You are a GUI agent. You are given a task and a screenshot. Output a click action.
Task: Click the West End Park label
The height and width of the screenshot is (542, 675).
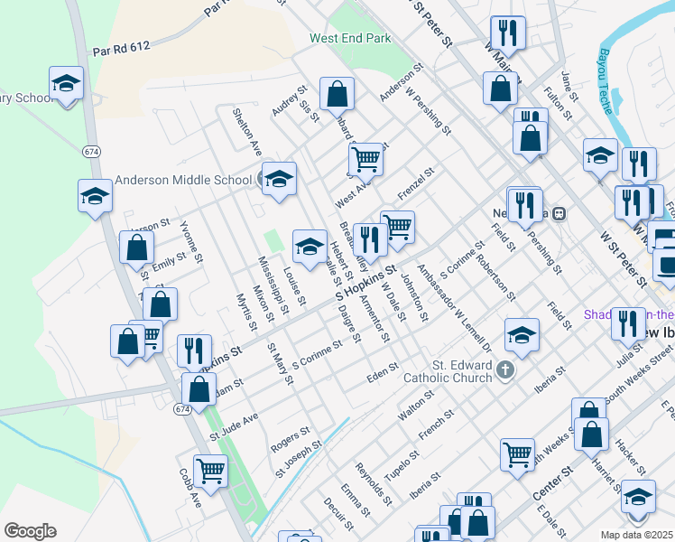pos(350,39)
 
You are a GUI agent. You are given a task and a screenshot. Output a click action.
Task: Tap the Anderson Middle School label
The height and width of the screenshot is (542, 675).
pos(183,180)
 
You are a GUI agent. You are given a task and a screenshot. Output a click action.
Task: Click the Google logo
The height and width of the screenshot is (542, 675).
pos(30,531)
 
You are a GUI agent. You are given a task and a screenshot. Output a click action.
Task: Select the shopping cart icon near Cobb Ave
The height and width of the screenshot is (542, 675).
pos(210,470)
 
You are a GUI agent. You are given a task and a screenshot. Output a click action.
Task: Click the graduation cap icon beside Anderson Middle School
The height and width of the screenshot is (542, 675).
pos(279,177)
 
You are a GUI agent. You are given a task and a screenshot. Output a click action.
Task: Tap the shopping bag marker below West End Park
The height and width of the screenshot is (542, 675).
pos(337,93)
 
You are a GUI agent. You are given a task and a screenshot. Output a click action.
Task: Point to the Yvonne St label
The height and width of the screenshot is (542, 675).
pos(191,241)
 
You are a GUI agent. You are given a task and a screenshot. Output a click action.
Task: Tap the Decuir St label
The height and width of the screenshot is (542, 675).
pos(338,512)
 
